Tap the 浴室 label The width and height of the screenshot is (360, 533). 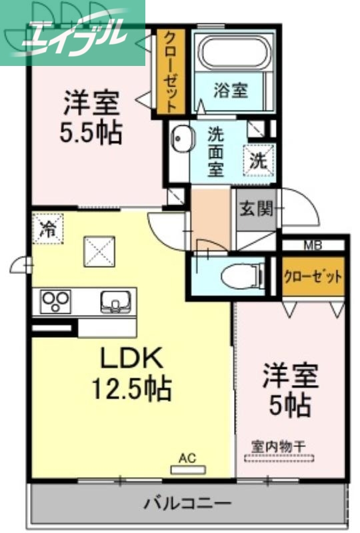click(231, 92)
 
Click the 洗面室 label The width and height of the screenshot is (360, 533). click(216, 151)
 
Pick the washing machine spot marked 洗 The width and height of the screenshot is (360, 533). click(258, 160)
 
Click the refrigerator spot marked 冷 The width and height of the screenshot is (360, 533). click(47, 228)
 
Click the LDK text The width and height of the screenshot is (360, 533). click(131, 360)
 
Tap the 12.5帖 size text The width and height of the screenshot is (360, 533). click(131, 387)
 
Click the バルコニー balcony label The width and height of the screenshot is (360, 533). click(187, 502)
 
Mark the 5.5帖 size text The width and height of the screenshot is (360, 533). click(92, 133)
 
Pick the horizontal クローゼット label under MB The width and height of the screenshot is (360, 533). click(313, 276)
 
